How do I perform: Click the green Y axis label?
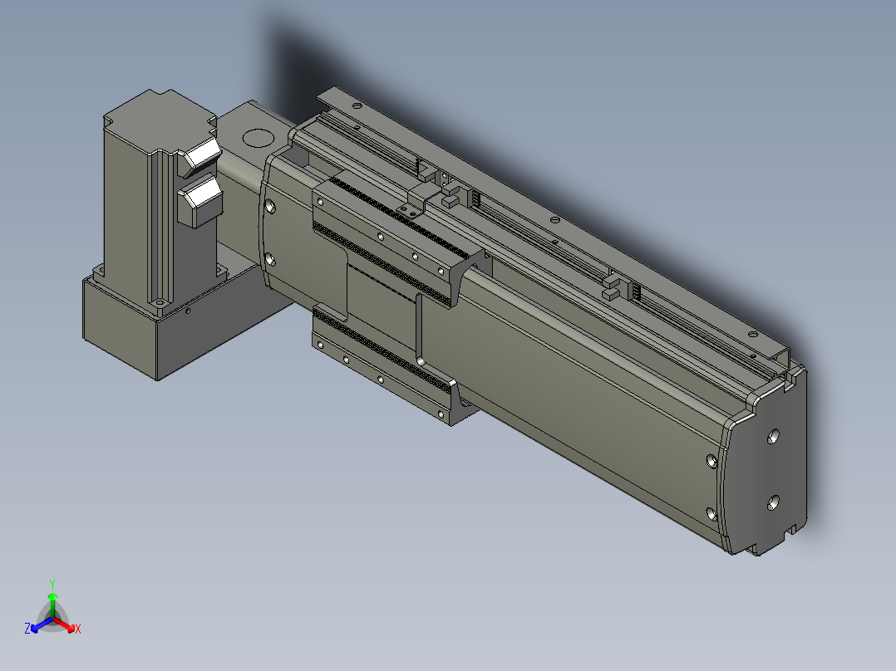pos(52,584)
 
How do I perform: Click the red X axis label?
pos(78,629)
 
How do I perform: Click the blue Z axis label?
pos(27,628)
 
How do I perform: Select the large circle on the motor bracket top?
pos(258,138)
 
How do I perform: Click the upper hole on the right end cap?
pos(773,437)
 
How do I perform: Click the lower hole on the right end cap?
pos(773,502)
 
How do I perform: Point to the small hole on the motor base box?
pos(188,311)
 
